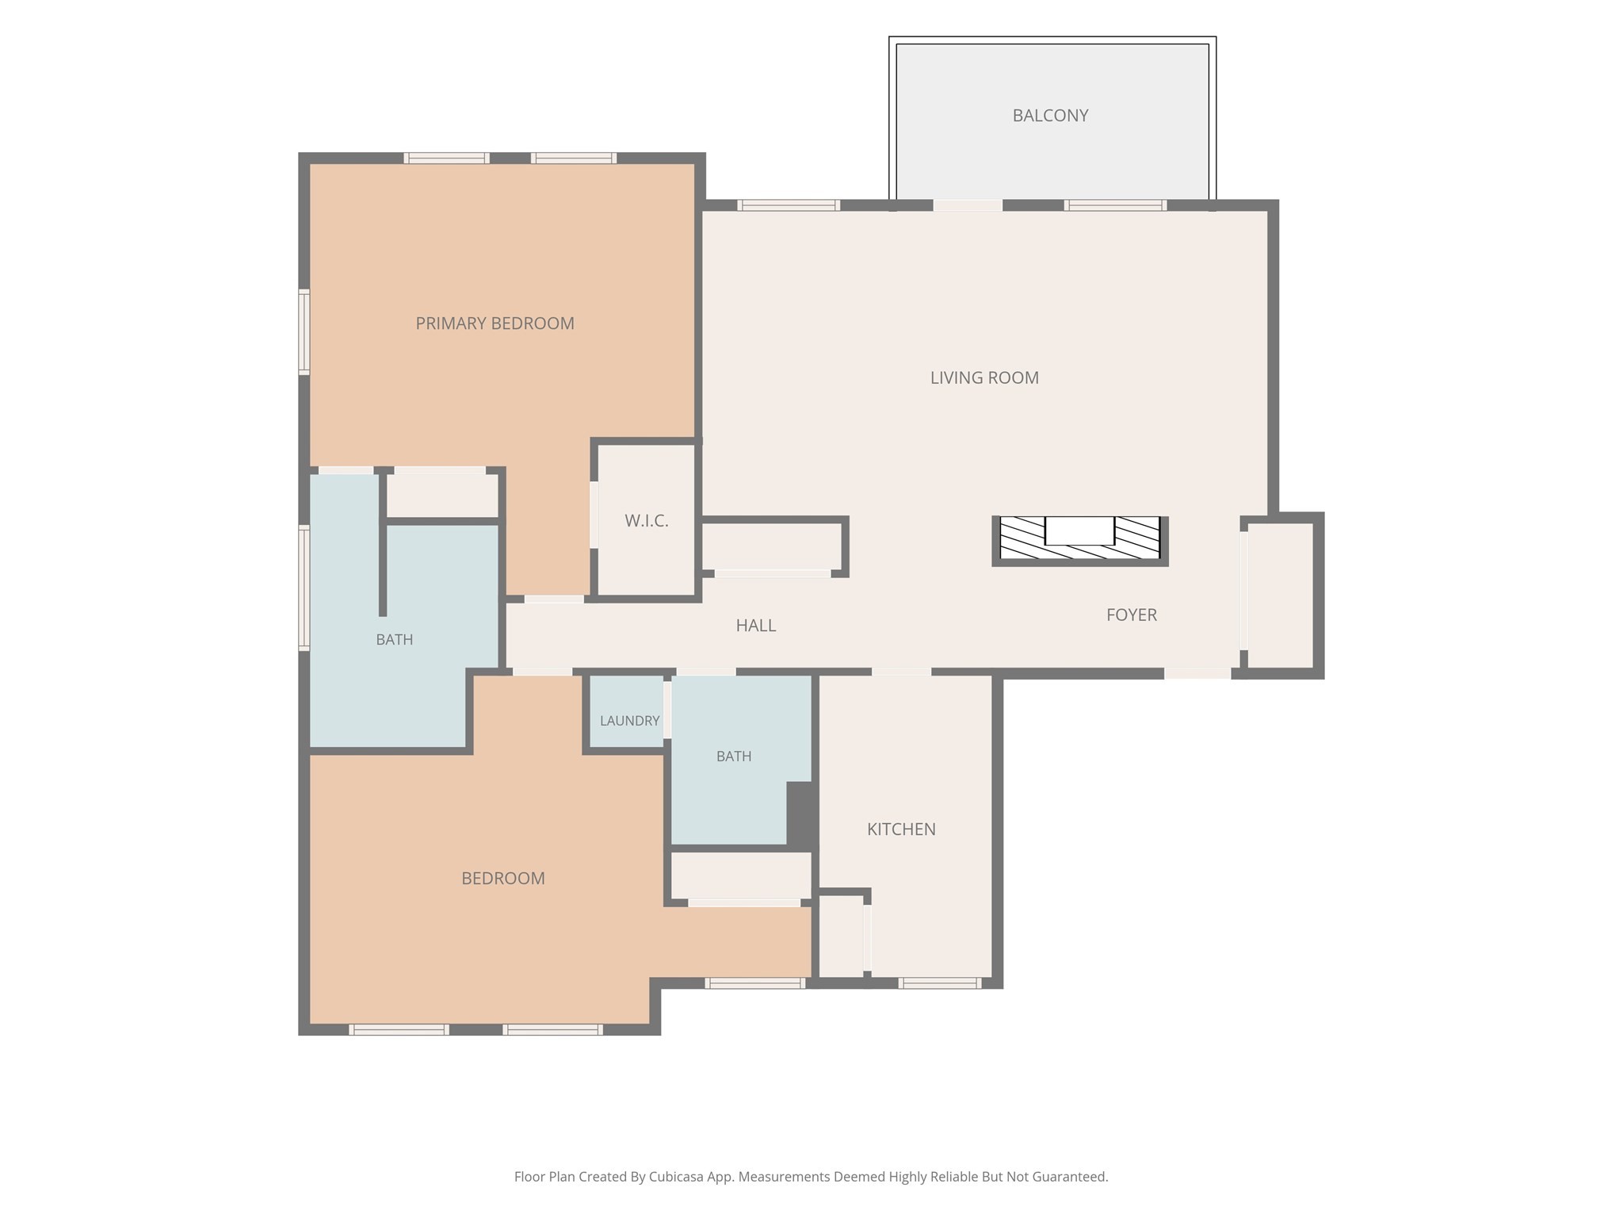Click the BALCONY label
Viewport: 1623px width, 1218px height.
1050,116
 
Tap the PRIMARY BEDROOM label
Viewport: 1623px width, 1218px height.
495,324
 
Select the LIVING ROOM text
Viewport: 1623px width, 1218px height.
984,378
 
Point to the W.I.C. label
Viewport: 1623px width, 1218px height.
647,521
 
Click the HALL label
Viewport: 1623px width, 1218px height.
756,626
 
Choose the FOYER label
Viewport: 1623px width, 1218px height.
1132,615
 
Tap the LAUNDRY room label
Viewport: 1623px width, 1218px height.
630,721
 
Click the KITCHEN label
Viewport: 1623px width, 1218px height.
901,829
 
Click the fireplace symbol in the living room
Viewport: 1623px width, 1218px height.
1080,541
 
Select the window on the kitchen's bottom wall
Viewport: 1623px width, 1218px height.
940,983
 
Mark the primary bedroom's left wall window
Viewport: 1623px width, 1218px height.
304,331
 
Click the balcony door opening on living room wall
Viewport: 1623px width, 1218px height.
968,205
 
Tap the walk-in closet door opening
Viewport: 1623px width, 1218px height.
594,515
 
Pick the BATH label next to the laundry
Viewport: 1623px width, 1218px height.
734,756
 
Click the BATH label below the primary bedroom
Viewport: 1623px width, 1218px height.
395,640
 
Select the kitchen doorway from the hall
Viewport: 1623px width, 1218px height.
901,672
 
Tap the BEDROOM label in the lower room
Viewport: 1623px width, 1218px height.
503,879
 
